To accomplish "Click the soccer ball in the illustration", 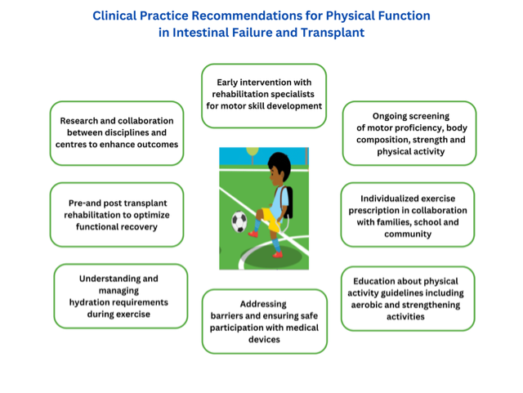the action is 239,221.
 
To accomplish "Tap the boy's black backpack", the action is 288,202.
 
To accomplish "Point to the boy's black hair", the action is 279,163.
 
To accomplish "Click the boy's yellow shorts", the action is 270,219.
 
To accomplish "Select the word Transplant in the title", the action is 333,33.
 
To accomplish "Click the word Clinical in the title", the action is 114,16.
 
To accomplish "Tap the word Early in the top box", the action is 227,83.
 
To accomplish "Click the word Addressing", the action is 263,304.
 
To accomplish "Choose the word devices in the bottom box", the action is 264,339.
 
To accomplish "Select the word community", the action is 408,234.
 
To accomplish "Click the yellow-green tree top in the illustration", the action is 253,151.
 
